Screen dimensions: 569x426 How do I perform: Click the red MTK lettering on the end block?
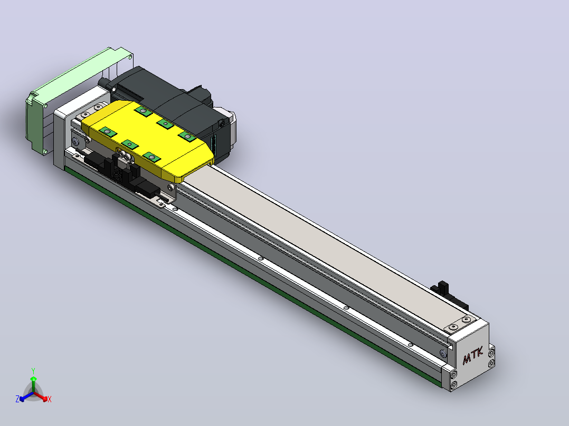tap(473, 355)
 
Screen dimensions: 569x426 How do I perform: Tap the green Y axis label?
tap(33, 371)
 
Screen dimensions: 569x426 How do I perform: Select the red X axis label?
tap(50, 399)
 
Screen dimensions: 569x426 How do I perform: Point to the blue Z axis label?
tap(17, 399)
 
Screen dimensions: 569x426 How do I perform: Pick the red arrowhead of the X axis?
tap(45, 399)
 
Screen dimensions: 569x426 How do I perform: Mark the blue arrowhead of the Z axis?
tap(22, 399)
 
